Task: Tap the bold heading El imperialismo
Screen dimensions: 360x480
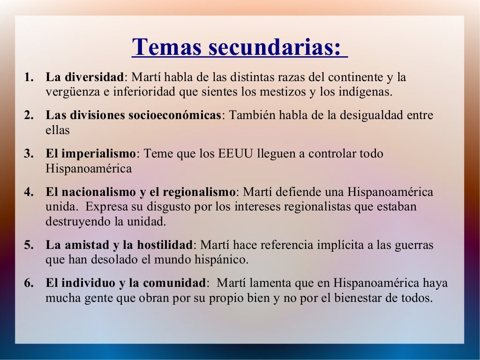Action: [x=90, y=154]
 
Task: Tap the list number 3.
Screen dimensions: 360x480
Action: [x=29, y=154]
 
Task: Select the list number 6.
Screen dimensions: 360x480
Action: [x=29, y=283]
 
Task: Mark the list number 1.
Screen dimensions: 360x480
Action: [x=29, y=77]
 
